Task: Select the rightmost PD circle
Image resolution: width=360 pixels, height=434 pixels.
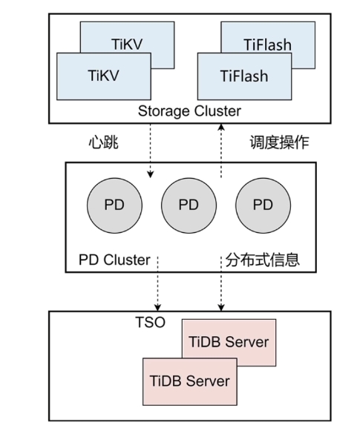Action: [262, 205]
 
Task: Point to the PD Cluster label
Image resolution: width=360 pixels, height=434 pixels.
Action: [114, 260]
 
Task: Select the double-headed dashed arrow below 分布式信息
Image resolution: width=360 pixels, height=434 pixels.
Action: [220, 286]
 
